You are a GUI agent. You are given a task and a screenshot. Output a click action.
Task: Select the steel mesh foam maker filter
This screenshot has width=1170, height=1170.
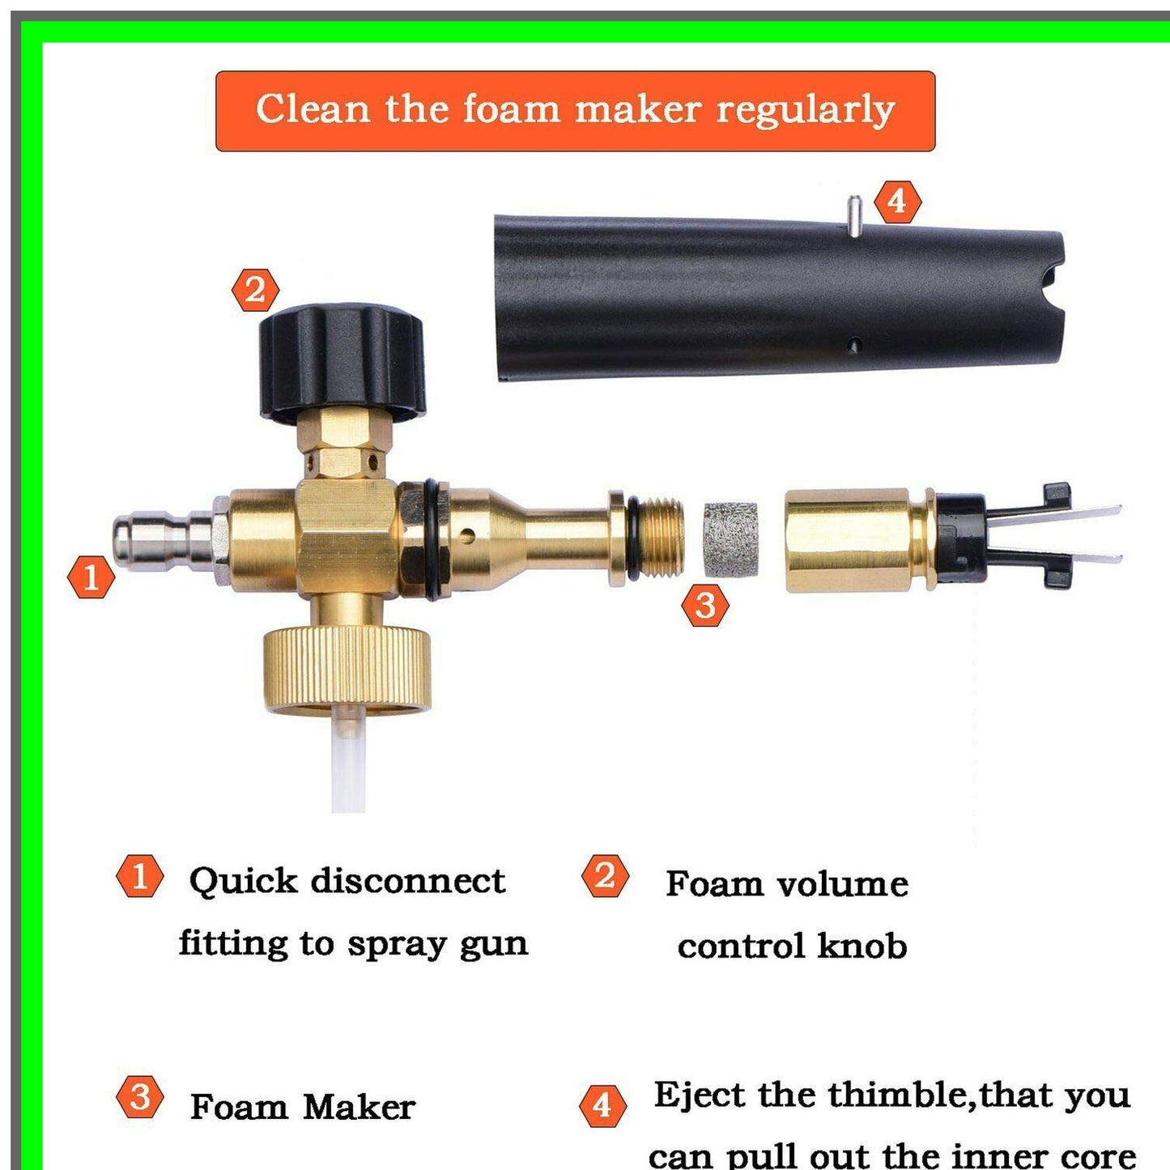730,540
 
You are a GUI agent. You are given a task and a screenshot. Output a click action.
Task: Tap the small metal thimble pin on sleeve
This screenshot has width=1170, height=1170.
854,215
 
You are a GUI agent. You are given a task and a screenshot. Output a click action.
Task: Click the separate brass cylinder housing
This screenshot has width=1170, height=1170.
850,541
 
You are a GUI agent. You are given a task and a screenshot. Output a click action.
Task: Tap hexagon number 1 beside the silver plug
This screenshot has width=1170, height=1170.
91,577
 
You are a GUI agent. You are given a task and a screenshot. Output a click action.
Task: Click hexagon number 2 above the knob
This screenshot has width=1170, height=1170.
255,290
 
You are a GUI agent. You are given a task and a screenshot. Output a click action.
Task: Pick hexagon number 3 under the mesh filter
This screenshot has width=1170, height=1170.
704,606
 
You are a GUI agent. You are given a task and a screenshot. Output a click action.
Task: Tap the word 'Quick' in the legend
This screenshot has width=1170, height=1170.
243,881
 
